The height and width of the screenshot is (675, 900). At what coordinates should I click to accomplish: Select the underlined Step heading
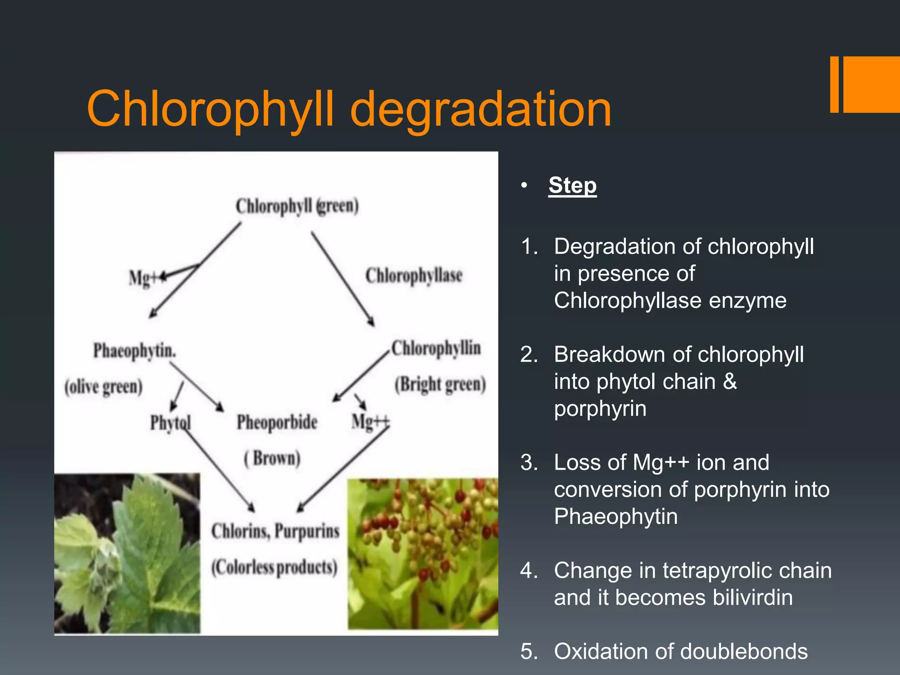pyautogui.click(x=572, y=185)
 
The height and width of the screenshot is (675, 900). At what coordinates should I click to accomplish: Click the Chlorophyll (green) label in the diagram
pyautogui.click(x=297, y=206)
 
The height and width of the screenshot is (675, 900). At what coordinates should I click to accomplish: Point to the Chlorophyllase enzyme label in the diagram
pyautogui.click(x=414, y=276)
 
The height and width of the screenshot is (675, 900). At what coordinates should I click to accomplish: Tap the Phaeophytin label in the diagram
pyautogui.click(x=134, y=351)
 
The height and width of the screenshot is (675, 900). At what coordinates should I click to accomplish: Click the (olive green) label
pyautogui.click(x=104, y=387)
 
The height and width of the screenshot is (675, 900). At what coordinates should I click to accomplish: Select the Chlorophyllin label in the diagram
pyautogui.click(x=436, y=348)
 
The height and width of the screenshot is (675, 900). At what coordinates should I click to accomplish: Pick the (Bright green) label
pyautogui.click(x=440, y=385)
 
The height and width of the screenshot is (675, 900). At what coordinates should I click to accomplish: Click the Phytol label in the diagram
pyautogui.click(x=170, y=423)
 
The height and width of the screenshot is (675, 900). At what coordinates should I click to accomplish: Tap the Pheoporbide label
pyautogui.click(x=277, y=422)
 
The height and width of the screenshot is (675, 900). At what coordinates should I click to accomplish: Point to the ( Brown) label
pyautogui.click(x=272, y=458)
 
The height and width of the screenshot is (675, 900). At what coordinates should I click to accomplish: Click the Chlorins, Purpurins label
pyautogui.click(x=276, y=531)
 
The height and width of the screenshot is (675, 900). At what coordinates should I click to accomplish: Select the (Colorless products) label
pyautogui.click(x=274, y=567)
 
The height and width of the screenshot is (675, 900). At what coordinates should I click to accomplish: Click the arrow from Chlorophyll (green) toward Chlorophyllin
pyautogui.click(x=343, y=279)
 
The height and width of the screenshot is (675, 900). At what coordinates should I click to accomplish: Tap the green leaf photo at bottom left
pyautogui.click(x=127, y=553)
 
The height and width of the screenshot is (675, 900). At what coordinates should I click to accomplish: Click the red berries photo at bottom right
pyautogui.click(x=423, y=554)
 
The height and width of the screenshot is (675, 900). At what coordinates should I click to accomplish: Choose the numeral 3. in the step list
pyautogui.click(x=529, y=462)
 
